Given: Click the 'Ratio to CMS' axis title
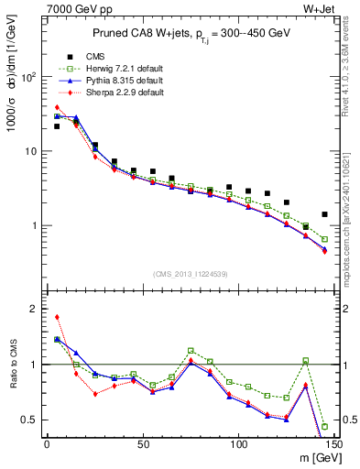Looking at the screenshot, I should click(16, 366).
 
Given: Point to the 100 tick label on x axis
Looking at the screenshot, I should click(238, 444).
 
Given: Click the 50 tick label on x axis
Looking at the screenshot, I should click(143, 444).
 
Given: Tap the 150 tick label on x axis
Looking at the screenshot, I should click(333, 444).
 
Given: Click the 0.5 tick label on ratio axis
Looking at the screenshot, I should click(27, 420).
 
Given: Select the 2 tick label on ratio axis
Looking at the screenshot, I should click(32, 309).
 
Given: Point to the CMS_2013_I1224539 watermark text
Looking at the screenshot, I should click(191, 273).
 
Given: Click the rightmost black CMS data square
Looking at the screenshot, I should click(324, 214).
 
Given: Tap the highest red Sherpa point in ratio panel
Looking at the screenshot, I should click(57, 317).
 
